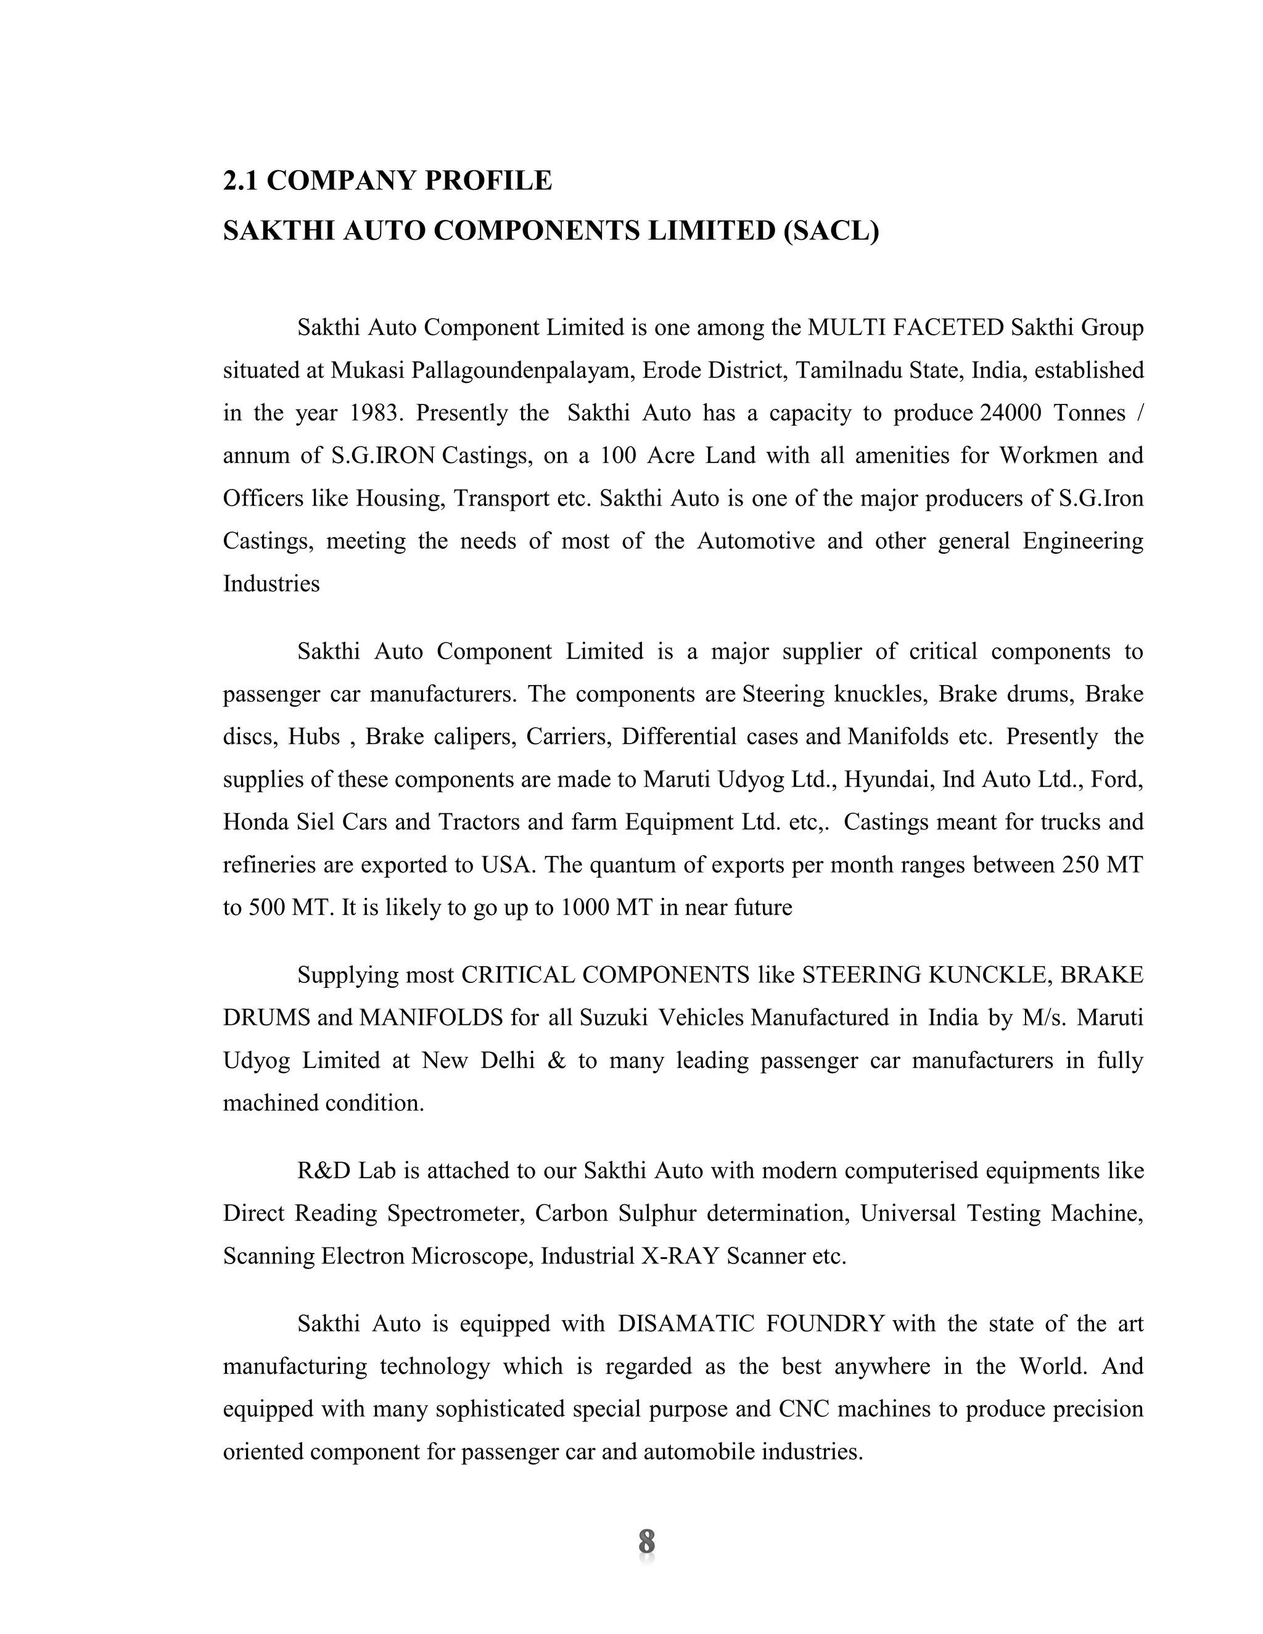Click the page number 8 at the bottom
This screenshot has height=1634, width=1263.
[x=646, y=1542]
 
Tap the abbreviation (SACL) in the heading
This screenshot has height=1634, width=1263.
[x=831, y=231]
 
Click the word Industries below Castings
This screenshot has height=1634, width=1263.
[x=271, y=583]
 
